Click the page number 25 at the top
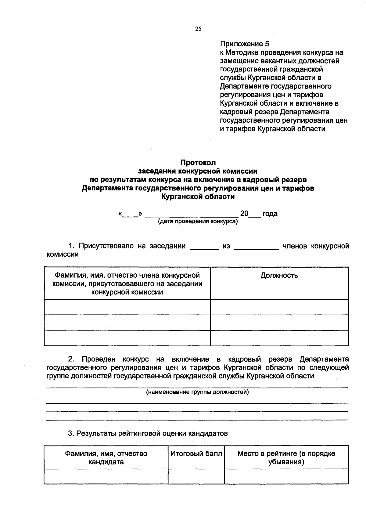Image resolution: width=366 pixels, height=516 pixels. [x=198, y=29]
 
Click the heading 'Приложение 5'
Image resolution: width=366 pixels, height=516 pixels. [x=244, y=44]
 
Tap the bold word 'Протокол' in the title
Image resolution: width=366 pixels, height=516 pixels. [x=198, y=163]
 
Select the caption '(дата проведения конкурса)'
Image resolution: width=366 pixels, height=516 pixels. [x=198, y=222]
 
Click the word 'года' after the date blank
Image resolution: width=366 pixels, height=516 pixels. [x=270, y=213]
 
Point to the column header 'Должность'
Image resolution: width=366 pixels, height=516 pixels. [x=279, y=276]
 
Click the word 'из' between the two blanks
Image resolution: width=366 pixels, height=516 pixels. [x=226, y=246]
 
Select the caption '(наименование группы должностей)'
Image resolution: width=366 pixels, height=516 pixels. [x=198, y=392]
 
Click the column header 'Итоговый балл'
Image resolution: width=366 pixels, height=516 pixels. [x=196, y=454]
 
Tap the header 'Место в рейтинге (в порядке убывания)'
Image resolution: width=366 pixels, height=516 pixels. [x=286, y=458]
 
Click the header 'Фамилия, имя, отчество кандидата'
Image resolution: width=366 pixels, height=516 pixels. [x=106, y=458]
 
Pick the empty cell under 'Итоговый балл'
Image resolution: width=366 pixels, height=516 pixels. [x=196, y=476]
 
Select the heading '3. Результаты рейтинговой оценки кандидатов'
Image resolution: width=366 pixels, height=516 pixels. [x=148, y=433]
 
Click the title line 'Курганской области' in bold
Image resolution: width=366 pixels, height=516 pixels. [x=198, y=197]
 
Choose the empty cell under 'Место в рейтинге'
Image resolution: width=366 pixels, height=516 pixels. [x=286, y=476]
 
